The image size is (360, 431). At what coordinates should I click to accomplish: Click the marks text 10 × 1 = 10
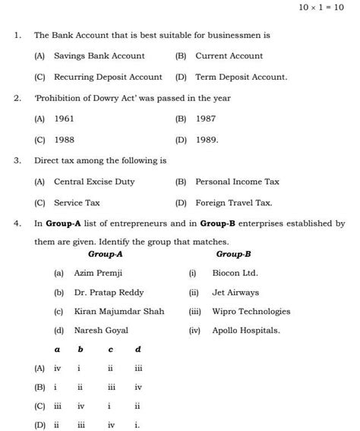pos(323,8)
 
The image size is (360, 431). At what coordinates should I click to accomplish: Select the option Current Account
pos(229,55)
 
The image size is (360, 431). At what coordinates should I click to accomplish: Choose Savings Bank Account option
pos(99,55)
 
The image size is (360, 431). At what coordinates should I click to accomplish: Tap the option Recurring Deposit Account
pos(108,77)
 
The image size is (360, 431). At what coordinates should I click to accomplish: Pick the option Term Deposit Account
pos(241,77)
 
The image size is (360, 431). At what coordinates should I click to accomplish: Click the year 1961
pos(64,119)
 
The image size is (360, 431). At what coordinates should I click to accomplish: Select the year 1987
pos(206,119)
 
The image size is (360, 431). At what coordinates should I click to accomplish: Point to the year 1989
pos(207,140)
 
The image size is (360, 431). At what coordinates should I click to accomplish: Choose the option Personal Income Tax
pos(237,182)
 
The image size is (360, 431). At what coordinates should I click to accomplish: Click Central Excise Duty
pos(94,182)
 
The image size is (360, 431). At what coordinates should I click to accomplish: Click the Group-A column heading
pos(106,254)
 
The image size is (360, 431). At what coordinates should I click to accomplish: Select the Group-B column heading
pos(233,254)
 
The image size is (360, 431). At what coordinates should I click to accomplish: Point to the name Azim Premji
pos(98,272)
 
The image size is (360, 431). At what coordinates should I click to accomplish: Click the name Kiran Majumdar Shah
pos(118,311)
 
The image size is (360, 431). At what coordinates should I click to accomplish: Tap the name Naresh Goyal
pos(101,330)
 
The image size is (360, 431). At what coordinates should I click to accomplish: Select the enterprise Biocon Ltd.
pos(235,272)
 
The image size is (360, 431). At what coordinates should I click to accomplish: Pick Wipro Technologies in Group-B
pos(251,311)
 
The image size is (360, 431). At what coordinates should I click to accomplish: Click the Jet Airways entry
pos(235,292)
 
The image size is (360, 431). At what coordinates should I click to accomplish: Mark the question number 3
pos(17,160)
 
